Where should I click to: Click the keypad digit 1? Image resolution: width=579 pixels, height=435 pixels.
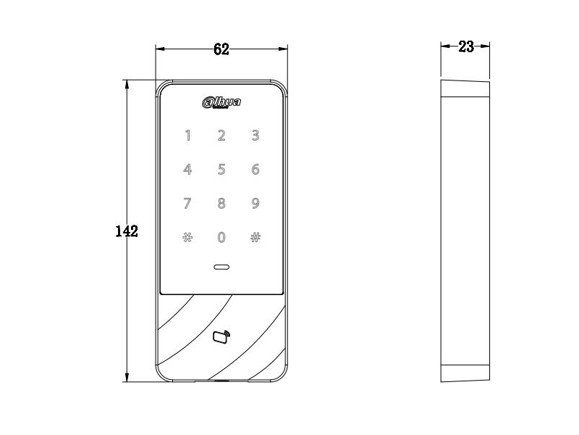click(188, 136)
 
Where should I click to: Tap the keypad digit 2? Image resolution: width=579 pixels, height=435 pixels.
click(221, 136)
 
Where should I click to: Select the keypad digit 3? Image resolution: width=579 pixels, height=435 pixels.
click(255, 136)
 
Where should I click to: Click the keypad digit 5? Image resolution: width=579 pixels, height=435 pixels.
click(221, 170)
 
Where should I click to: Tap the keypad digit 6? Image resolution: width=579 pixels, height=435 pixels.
click(255, 170)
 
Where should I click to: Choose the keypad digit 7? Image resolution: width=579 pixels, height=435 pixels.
click(187, 203)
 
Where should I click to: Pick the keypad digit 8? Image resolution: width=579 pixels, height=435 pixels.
click(221, 203)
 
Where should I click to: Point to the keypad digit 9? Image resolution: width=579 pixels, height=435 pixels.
click(255, 203)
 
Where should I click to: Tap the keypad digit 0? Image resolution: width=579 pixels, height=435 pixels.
click(221, 237)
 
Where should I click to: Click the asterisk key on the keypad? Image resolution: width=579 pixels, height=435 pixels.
click(187, 237)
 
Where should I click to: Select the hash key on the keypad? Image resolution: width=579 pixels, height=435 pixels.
click(255, 237)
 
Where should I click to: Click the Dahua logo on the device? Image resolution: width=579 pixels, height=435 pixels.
click(221, 102)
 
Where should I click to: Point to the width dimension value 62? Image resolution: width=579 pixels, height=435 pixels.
click(221, 49)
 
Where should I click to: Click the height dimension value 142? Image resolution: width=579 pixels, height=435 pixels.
click(127, 231)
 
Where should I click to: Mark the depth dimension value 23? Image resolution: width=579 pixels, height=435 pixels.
click(466, 46)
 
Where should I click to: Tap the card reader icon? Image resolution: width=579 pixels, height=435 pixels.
click(221, 336)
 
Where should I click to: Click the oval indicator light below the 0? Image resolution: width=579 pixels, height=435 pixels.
click(221, 267)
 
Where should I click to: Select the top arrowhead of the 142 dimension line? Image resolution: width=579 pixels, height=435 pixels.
click(127, 84)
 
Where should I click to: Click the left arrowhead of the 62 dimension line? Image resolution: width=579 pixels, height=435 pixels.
click(160, 49)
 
